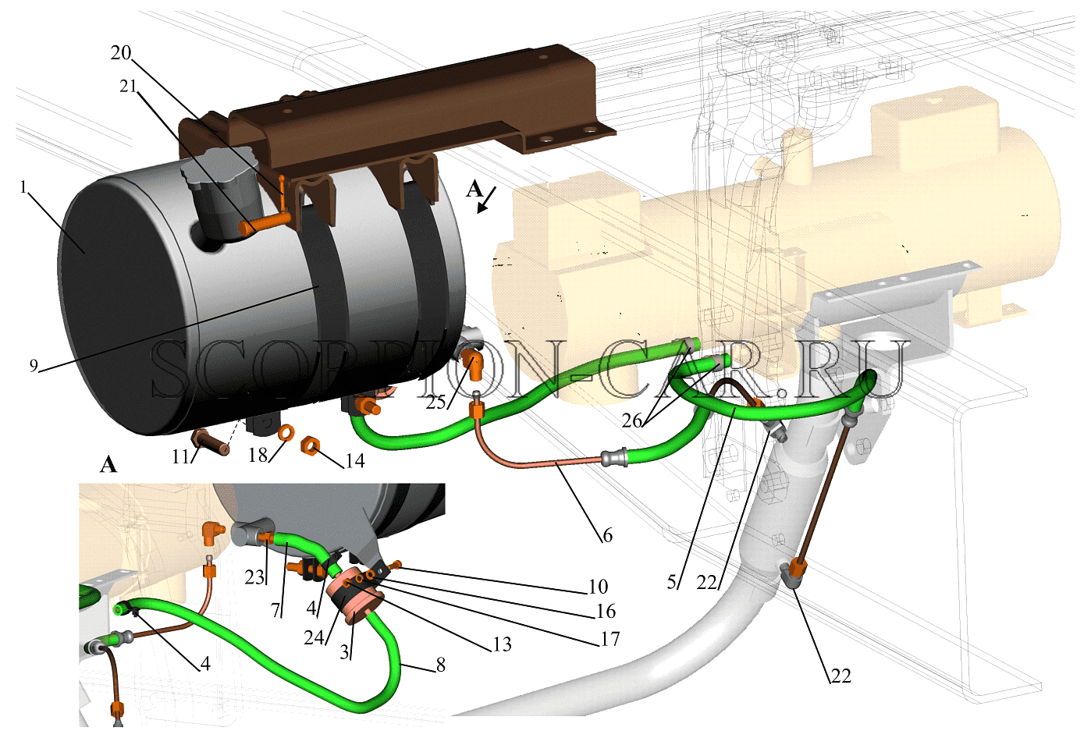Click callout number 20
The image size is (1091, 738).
[121, 52]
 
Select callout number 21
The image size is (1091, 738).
[129, 86]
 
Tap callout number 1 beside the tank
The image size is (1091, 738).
[23, 187]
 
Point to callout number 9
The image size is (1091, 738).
[34, 366]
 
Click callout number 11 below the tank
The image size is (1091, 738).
[180, 456]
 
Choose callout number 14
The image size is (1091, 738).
[355, 460]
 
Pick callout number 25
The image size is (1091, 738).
[436, 403]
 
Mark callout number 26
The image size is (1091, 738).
[631, 420]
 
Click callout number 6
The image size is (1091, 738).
[607, 535]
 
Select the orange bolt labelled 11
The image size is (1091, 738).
[211, 442]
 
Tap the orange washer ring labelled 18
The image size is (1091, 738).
[286, 432]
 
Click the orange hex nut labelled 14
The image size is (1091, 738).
[310, 445]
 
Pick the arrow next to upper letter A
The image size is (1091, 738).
[486, 200]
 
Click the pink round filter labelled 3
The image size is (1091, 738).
[358, 600]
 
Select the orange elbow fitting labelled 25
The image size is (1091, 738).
[471, 364]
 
